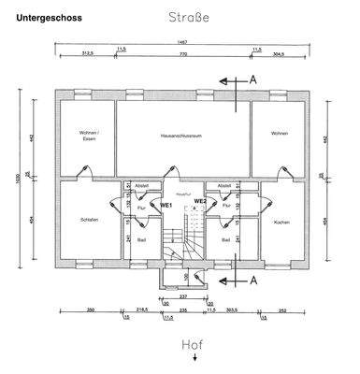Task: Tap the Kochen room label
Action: [281, 222]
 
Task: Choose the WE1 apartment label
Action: [166, 203]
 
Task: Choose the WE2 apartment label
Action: [200, 201]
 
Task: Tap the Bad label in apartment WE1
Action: [142, 239]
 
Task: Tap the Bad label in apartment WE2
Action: [226, 239]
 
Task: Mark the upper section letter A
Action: [252, 80]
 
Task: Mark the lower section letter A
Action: [252, 280]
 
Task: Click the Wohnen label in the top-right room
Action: [279, 134]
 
